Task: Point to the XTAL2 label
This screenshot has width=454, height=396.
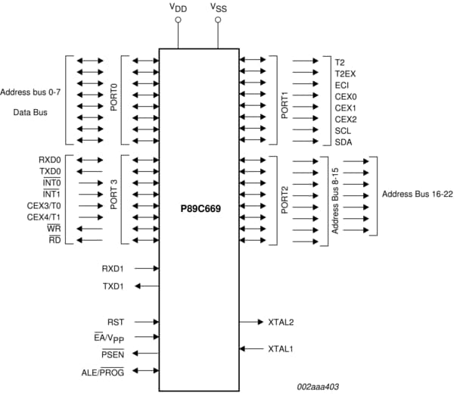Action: tap(281, 322)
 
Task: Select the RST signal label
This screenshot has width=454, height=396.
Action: tap(115, 322)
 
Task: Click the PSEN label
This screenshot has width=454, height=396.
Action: tap(113, 354)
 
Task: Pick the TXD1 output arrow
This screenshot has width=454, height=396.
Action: tap(148, 286)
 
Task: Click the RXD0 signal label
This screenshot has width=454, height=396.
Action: tap(50, 160)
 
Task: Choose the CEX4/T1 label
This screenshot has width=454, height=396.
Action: tap(43, 217)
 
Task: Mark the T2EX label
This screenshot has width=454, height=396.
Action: tap(345, 73)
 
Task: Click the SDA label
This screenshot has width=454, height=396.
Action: tap(343, 142)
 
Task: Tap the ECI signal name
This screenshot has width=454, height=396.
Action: tap(342, 85)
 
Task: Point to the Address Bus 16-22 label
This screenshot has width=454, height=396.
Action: tap(414, 195)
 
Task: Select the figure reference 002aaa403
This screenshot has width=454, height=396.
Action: tap(317, 387)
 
